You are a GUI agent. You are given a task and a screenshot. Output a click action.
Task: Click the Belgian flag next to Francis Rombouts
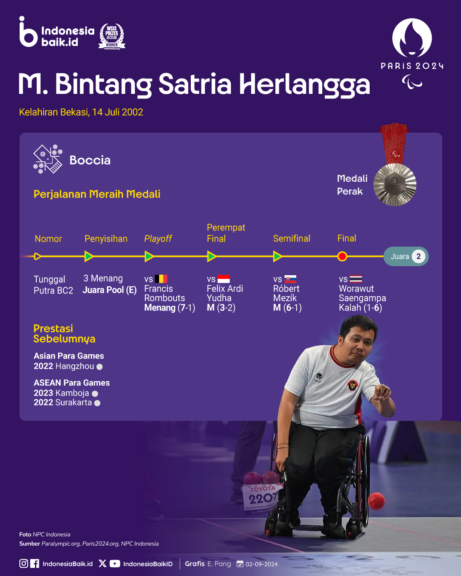[161, 279]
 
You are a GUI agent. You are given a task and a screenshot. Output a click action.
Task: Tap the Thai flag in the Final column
[356, 279]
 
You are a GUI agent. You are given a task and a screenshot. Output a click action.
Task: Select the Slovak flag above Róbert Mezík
[290, 279]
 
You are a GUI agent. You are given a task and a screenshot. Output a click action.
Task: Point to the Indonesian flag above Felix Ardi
[224, 279]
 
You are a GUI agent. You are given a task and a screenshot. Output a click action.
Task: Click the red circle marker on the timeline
[342, 256]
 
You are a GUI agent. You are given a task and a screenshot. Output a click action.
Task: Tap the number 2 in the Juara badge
[418, 256]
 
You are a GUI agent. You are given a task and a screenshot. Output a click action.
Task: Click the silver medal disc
[395, 185]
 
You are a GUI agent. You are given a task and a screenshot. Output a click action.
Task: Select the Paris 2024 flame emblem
[412, 38]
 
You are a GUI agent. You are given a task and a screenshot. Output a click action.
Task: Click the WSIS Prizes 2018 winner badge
[112, 37]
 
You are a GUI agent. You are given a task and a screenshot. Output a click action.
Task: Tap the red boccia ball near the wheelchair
[376, 501]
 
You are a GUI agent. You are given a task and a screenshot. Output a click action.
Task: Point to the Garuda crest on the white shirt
[353, 386]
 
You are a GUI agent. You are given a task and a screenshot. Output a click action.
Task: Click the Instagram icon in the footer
[23, 564]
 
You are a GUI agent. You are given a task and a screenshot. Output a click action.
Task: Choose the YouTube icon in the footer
[115, 564]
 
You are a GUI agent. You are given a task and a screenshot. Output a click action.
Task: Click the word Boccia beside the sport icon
[90, 160]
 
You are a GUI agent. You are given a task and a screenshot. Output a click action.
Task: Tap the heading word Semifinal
[292, 238]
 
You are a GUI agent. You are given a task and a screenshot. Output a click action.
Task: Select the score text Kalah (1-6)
[360, 308]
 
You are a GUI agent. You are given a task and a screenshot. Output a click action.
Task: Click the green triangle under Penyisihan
[89, 256]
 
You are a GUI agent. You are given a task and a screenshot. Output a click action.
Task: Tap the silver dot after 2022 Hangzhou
[99, 367]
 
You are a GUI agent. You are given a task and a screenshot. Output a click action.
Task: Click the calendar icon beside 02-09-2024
[240, 564]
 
